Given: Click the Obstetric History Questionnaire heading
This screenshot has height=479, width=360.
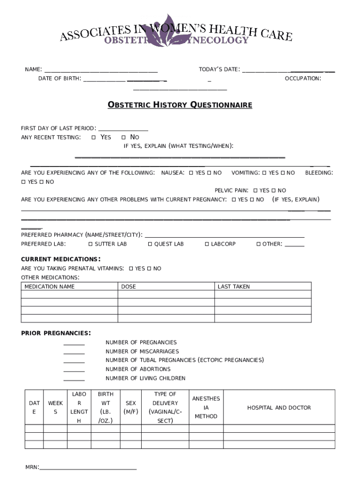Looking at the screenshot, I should coord(180,105).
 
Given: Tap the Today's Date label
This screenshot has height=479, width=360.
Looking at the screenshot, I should coord(219,70).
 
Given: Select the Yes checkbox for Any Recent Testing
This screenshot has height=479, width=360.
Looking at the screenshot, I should coord(94,138).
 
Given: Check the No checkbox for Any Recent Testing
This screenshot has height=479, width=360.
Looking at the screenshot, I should coord(123,138).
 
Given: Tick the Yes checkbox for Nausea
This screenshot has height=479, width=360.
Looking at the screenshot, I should coord(191,173).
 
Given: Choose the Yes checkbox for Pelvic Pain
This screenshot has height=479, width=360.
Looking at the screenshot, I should coord(255,191).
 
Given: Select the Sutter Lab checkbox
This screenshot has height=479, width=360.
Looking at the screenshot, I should coord(90,244).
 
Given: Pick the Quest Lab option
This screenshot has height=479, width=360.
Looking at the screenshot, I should coord(150,244).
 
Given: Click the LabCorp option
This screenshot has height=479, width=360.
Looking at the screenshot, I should coord(207,244).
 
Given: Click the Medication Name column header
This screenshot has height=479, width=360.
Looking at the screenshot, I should coord(50,287).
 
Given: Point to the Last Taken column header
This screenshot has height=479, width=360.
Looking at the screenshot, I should coord(234,287).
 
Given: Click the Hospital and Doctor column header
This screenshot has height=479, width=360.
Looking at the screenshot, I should coord(279,408).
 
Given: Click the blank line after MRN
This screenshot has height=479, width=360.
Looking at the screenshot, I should coord(88,467).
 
